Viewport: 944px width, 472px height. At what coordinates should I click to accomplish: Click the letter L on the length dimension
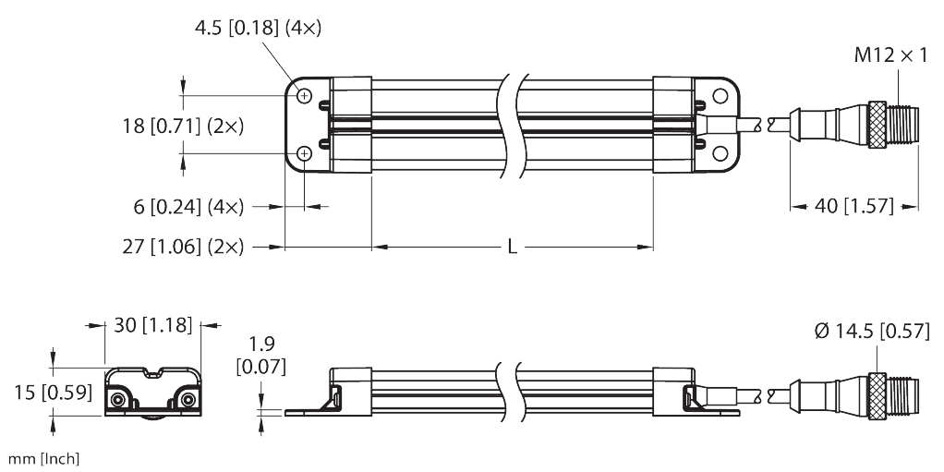point(512,248)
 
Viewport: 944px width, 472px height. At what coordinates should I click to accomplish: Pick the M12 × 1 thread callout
point(890,56)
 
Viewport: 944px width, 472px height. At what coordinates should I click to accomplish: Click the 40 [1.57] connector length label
point(853,206)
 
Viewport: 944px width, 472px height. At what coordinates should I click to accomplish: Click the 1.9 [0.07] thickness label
point(261,356)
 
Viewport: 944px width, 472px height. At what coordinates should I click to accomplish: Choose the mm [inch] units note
point(43,459)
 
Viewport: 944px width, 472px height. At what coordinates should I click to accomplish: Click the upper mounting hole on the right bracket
point(718,95)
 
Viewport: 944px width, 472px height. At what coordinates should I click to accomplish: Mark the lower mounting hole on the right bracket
point(718,153)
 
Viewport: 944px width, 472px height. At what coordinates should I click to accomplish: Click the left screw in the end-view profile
point(119,398)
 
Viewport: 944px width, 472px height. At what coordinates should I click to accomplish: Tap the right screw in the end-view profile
point(188,398)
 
